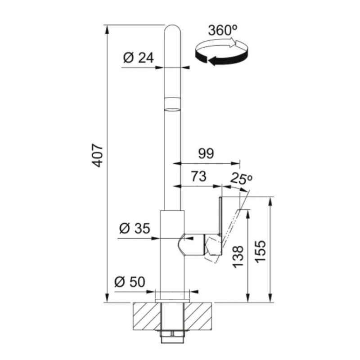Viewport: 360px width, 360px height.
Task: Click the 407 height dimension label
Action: coord(98,156)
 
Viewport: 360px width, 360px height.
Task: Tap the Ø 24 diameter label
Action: coord(138,58)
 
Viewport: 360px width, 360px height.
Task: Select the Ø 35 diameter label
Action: coord(135,229)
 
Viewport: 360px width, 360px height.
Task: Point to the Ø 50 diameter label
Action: coord(130,282)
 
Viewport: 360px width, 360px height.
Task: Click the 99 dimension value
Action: coord(206,153)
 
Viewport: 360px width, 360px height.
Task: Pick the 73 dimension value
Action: coord(199,176)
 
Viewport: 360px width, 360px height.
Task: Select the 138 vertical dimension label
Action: coord(238,256)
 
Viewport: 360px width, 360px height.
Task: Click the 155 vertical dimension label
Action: coord(261,252)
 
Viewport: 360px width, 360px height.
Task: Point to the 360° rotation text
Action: coord(223,30)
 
